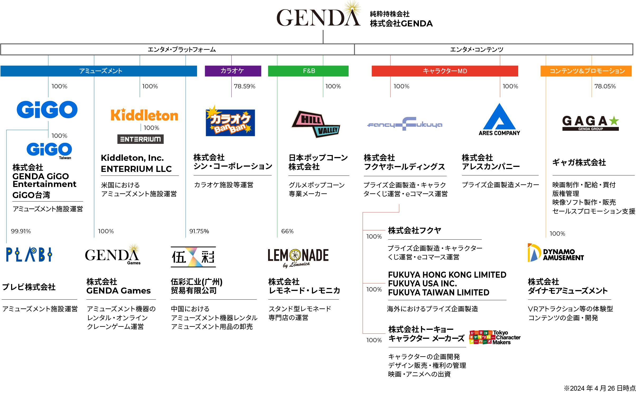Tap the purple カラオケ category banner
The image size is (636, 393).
coord(233,71)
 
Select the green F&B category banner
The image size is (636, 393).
coord(308,71)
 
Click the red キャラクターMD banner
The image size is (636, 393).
coord(445,71)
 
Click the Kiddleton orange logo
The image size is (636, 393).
coord(144,115)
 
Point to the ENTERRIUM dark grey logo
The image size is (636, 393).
coord(140,139)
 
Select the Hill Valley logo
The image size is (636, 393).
coord(316,124)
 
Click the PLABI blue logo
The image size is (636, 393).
coord(29,254)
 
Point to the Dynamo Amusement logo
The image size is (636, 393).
coord(555,253)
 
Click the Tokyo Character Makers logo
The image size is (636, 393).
coord(494,337)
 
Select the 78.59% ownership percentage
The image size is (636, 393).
coord(245,86)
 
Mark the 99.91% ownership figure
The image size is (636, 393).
coord(21,231)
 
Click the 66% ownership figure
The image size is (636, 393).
coord(287,231)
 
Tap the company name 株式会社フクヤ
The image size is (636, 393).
coord(414,230)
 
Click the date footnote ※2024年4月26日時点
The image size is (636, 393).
coord(600,388)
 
